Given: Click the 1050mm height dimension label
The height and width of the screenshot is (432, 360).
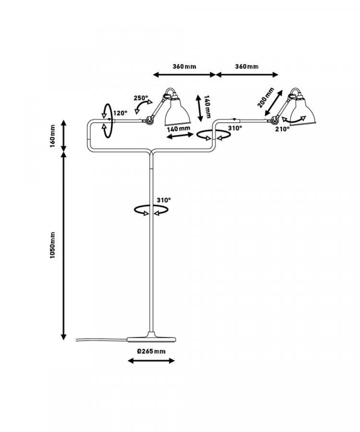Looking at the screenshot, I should (53, 245).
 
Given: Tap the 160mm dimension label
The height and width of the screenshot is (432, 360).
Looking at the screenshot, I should (53, 136).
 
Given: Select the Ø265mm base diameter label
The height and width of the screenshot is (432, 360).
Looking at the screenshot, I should (151, 351).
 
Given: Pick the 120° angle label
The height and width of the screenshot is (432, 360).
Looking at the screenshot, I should (120, 113).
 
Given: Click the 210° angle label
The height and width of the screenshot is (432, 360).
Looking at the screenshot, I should (283, 129).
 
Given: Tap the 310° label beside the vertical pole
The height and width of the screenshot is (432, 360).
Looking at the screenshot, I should (164, 200).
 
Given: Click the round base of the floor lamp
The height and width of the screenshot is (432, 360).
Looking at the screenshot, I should (151, 338).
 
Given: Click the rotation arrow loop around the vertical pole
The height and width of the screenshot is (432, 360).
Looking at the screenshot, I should (151, 210).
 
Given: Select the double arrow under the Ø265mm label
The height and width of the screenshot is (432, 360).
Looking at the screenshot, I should (151, 360).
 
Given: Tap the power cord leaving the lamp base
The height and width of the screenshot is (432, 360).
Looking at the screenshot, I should (101, 340).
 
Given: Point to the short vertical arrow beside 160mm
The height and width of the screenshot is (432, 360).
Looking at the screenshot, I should (64, 135).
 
